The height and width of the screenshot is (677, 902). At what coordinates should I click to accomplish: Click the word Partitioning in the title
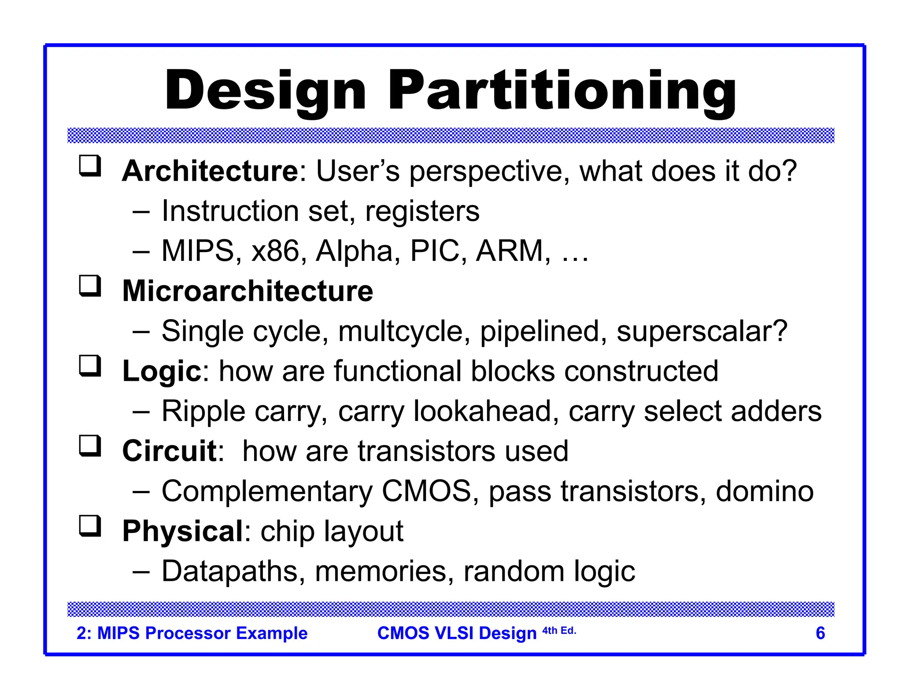(562, 91)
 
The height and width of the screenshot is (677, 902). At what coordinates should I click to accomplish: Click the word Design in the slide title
(266, 91)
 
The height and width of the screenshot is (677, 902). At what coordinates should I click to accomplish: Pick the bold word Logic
(162, 371)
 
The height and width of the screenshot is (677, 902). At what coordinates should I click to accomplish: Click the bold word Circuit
(169, 451)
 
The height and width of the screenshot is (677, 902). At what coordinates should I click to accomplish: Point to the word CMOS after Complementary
(426, 491)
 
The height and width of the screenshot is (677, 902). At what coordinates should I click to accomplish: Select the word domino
(765, 491)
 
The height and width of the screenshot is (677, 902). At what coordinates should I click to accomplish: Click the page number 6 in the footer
(820, 633)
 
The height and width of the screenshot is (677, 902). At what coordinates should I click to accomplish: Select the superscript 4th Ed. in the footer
(559, 631)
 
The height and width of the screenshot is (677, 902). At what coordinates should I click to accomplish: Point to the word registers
(422, 212)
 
